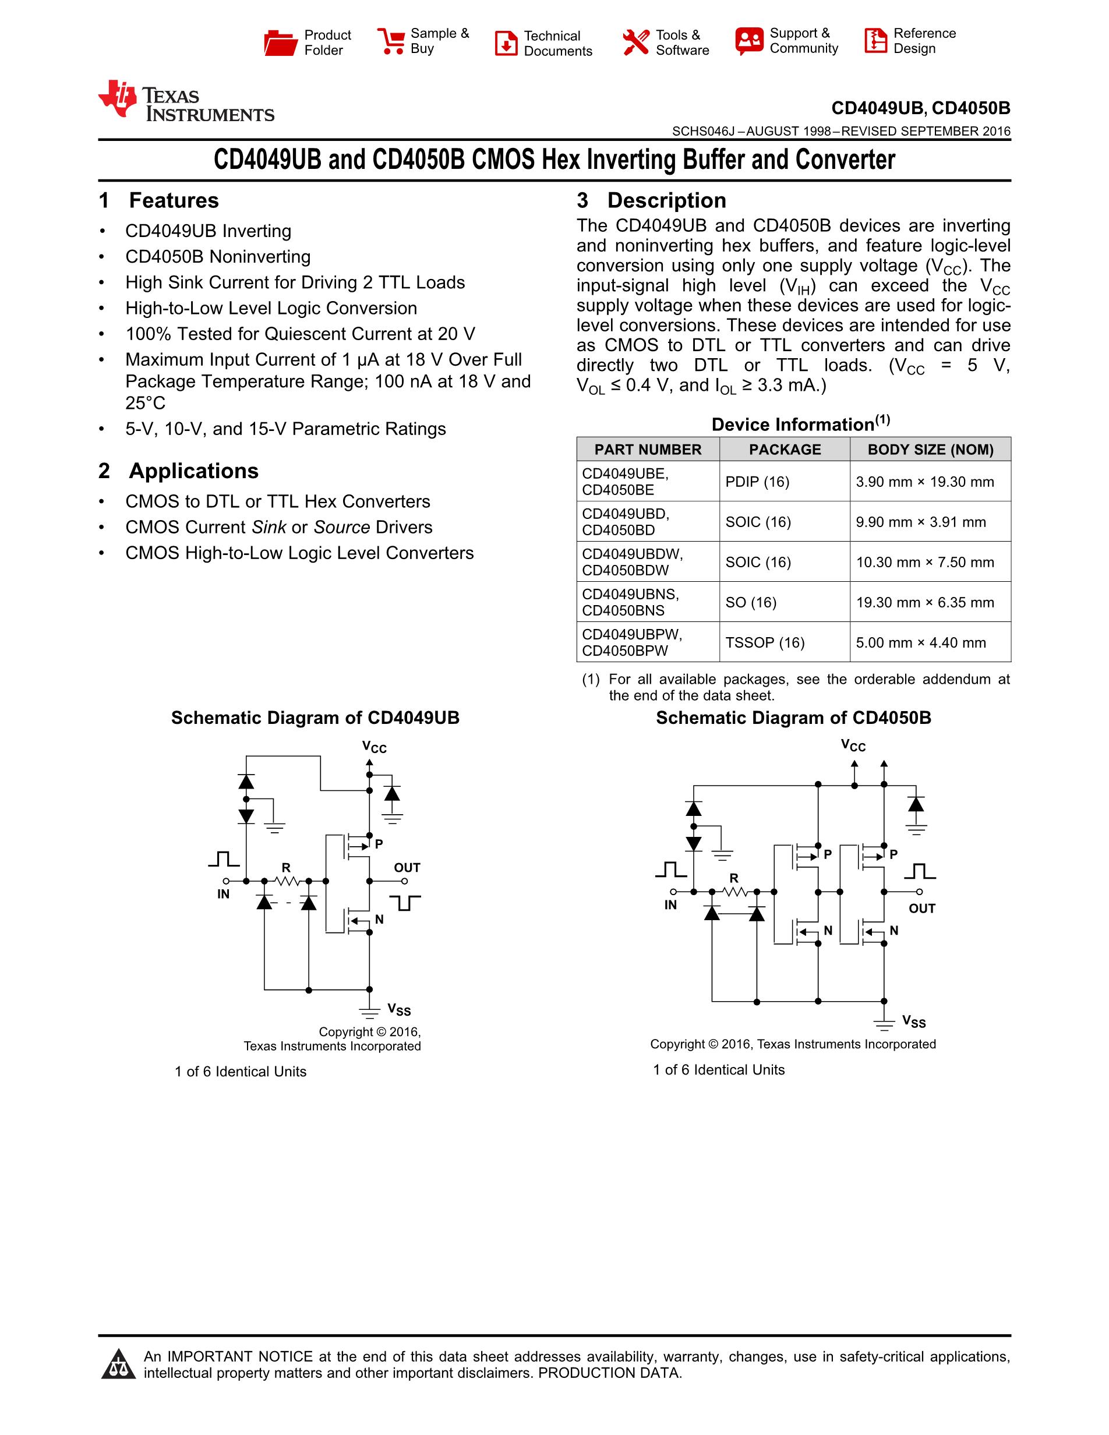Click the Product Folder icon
click(x=281, y=43)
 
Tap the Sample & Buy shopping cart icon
click(x=391, y=41)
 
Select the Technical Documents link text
click(x=558, y=43)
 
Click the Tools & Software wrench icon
click(x=635, y=43)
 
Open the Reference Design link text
click(x=924, y=41)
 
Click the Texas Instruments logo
click(x=186, y=102)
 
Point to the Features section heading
click(x=174, y=200)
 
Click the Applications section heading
click(x=193, y=471)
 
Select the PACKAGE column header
click(x=785, y=450)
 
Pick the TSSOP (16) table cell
click(x=765, y=642)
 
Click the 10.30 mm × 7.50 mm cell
click(x=924, y=563)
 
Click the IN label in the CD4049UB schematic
click(x=224, y=894)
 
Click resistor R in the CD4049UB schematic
click(x=287, y=879)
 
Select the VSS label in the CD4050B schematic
click(x=914, y=1021)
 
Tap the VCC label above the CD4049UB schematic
click(x=375, y=747)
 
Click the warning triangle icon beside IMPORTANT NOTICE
click(x=118, y=1364)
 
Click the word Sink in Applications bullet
click(x=269, y=527)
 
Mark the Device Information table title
click(x=800, y=424)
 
